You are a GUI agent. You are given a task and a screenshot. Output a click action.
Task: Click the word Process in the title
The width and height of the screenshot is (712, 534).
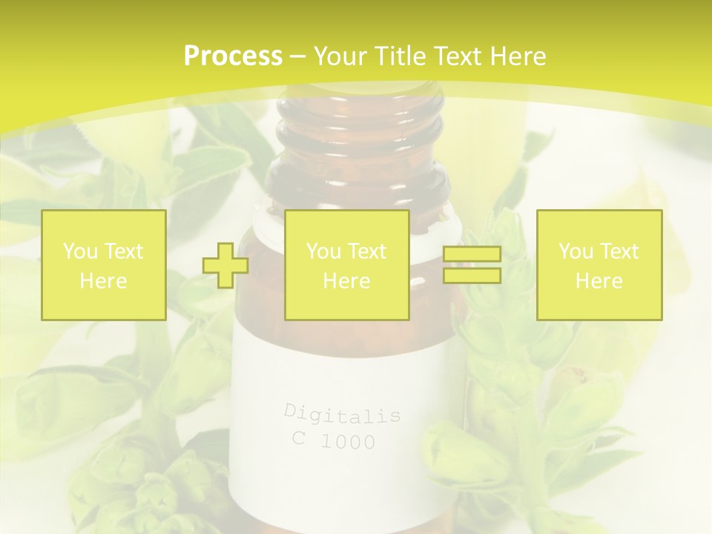pyautogui.click(x=233, y=56)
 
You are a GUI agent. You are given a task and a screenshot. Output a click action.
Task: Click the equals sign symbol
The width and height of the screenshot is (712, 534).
pyautogui.click(x=472, y=265)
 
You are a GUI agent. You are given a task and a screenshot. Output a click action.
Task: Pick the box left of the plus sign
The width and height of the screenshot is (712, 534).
pyautogui.click(x=104, y=265)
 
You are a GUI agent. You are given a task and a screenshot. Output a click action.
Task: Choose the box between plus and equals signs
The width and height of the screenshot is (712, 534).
pyautogui.click(x=346, y=265)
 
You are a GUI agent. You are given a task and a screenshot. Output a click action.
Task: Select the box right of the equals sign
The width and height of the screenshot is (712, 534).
pyautogui.click(x=599, y=265)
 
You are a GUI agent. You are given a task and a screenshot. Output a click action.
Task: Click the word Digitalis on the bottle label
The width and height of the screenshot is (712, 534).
pyautogui.click(x=342, y=413)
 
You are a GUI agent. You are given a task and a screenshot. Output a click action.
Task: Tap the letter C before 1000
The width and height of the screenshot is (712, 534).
pyautogui.click(x=299, y=438)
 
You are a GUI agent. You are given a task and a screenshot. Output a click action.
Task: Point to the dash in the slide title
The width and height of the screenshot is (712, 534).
pyautogui.click(x=298, y=56)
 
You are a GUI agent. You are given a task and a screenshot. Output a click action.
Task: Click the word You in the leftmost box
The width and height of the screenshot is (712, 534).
pyautogui.click(x=79, y=251)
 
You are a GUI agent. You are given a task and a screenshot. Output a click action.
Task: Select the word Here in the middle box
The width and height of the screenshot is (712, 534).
pyautogui.click(x=346, y=281)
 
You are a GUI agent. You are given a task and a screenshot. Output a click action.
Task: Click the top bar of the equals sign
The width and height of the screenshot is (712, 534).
pyautogui.click(x=472, y=254)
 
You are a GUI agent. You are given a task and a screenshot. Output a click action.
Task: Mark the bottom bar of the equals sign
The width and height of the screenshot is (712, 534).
pyautogui.click(x=472, y=275)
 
